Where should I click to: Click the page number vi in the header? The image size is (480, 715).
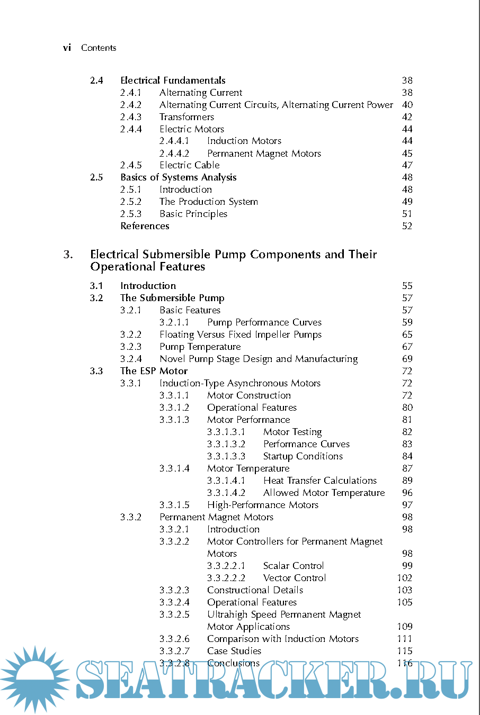click(67, 48)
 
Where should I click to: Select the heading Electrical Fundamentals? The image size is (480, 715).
click(173, 80)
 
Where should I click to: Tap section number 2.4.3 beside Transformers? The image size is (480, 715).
click(131, 117)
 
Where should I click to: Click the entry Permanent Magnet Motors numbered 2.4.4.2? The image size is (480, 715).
click(264, 153)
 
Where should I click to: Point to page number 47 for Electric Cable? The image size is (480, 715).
click(407, 165)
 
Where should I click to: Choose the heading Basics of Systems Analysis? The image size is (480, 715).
click(178, 177)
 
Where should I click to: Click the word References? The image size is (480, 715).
click(145, 226)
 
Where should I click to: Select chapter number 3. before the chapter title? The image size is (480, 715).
click(68, 255)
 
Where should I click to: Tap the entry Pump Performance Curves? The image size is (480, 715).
click(264, 322)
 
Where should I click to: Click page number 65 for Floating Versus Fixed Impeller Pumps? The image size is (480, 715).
click(407, 334)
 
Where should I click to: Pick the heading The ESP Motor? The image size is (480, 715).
click(154, 371)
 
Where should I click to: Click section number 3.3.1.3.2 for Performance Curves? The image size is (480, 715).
click(226, 444)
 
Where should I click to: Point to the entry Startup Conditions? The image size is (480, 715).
click(303, 456)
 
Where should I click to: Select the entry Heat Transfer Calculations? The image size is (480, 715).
click(320, 481)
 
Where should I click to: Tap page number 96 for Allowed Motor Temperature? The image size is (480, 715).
click(407, 493)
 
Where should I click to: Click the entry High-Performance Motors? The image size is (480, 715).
click(263, 505)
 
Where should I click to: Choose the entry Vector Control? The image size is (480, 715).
click(295, 578)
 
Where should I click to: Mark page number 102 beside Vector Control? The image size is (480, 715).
click(405, 578)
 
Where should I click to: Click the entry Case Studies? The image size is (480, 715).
click(234, 651)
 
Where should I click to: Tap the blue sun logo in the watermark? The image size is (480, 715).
click(35, 678)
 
